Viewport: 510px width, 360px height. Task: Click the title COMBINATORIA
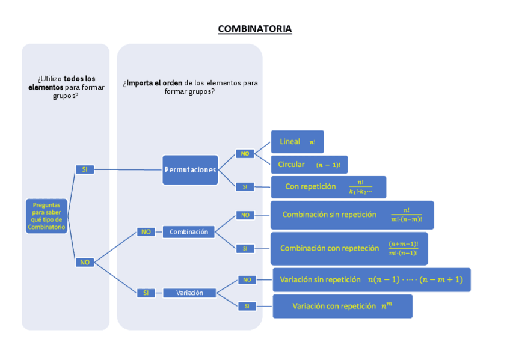point(254,29)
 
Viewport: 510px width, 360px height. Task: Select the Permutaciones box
point(190,170)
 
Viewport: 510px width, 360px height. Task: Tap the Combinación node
point(188,232)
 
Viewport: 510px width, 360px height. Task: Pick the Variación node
point(189,293)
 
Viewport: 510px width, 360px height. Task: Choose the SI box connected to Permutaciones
point(84,170)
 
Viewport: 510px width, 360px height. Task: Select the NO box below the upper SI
point(84,262)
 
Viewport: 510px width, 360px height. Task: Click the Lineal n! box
point(297,142)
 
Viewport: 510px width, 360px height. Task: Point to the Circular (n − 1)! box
point(309,165)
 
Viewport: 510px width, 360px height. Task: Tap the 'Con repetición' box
point(328,187)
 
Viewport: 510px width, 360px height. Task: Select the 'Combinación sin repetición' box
point(351,215)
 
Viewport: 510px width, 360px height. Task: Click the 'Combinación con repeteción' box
point(348,248)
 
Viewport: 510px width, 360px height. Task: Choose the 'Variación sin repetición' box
point(371,279)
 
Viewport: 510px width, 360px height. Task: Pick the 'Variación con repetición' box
point(342,306)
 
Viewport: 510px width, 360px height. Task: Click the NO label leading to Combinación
point(146,232)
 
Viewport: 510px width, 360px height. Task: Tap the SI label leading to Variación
point(145,293)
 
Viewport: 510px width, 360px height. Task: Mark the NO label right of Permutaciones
point(245,154)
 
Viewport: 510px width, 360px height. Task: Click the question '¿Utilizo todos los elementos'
point(66,87)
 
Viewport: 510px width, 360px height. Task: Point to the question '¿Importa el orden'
point(190,87)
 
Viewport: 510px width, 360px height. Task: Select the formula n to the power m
point(386,305)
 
